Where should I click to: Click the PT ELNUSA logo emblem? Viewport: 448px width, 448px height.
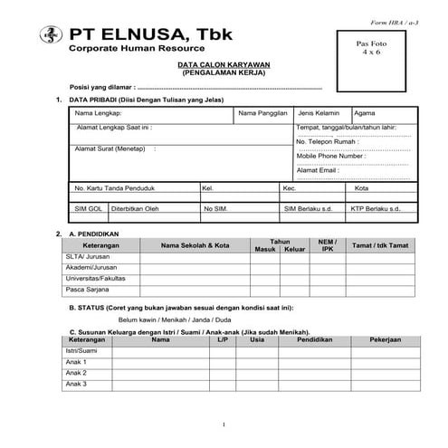pos(46,35)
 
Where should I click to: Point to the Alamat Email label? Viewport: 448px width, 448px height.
pos(318,170)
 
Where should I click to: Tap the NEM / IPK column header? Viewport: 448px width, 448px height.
pos(328,245)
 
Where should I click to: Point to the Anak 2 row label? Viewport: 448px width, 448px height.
pos(76,373)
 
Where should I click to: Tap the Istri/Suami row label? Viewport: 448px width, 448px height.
pos(81,350)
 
